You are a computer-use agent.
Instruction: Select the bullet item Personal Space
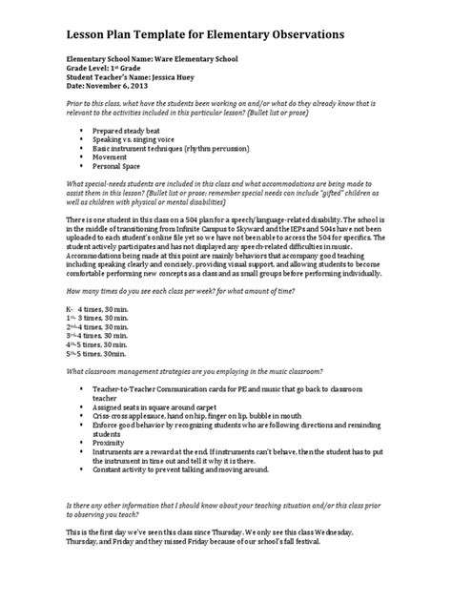119,166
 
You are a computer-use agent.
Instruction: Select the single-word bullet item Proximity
113,455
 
